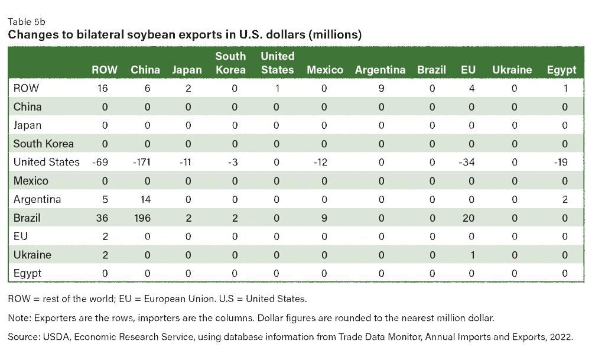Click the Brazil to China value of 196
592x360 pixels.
142,218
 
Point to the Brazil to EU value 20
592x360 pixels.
469,218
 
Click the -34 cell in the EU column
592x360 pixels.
469,163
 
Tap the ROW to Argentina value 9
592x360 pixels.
381,89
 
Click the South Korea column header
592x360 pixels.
230,63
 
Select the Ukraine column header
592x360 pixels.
512,70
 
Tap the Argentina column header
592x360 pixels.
380,70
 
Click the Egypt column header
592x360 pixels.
561,70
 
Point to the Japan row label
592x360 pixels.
28,125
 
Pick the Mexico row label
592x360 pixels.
31,181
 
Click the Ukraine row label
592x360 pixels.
32,255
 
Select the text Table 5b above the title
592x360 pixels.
27,22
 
